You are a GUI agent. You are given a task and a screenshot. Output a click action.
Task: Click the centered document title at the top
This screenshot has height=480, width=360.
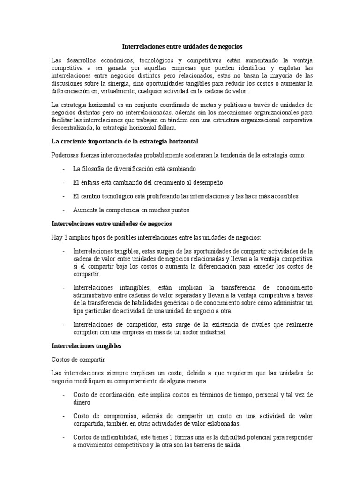point(183,47)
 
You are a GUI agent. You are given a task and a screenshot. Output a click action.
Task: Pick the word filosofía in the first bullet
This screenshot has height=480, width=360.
point(96,168)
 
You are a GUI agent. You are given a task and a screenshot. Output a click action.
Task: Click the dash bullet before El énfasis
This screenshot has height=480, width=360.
point(63,182)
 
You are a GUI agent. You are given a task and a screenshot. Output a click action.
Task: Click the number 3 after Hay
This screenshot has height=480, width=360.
point(67,237)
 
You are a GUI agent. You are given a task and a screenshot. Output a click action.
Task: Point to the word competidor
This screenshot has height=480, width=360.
point(136,325)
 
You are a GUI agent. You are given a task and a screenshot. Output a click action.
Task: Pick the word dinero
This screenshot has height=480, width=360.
point(82,402)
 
